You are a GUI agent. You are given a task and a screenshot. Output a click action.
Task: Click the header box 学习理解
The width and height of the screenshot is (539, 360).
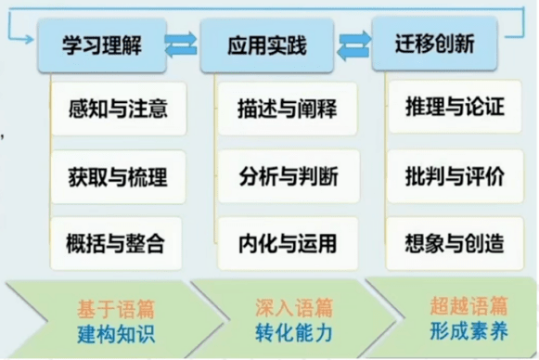(102, 45)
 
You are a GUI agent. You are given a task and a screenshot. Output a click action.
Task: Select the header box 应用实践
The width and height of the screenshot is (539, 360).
(267, 45)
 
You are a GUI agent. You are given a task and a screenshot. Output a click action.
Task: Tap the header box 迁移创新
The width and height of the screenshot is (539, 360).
(434, 44)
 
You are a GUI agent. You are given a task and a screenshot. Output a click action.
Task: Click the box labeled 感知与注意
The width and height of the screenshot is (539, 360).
(119, 109)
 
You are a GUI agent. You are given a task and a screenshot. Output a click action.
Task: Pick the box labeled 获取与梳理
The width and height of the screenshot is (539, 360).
(118, 176)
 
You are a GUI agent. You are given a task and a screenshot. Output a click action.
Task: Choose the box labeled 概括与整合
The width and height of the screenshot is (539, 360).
(116, 243)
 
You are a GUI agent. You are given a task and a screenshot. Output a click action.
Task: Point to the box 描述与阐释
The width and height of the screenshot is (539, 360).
(288, 109)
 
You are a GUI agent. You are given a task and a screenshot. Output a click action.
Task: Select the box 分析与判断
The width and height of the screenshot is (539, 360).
(289, 176)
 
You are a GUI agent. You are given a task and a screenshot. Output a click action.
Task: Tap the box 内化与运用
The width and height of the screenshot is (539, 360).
(288, 243)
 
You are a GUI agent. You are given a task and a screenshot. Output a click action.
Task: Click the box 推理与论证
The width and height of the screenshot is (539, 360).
(455, 107)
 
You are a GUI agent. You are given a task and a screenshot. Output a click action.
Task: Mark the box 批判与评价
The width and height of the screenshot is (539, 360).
(455, 175)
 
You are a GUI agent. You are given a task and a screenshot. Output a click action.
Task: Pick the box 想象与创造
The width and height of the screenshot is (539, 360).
(455, 243)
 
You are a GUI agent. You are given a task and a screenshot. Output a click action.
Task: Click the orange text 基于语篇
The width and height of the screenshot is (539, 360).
(116, 309)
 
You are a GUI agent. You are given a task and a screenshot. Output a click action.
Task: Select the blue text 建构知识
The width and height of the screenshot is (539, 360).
(116, 334)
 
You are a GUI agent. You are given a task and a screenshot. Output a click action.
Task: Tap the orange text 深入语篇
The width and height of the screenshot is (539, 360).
(294, 307)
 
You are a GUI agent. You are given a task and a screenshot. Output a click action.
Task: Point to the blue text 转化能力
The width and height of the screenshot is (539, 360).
(294, 333)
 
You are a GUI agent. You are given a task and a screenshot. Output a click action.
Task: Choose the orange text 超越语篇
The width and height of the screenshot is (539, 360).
(468, 305)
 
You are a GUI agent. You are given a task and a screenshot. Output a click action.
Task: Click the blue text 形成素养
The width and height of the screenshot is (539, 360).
(468, 331)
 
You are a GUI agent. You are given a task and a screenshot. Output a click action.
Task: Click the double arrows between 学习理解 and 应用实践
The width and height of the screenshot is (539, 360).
(181, 44)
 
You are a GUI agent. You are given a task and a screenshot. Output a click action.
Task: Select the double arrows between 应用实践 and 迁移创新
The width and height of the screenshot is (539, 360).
(354, 45)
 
